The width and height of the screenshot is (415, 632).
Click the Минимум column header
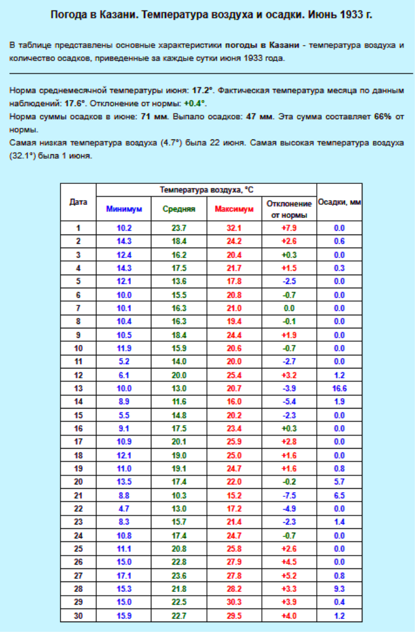tap(124, 209)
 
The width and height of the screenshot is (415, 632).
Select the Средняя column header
tap(179, 209)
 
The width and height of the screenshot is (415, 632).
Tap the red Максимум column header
tap(234, 209)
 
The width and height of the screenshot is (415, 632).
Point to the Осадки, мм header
tap(339, 202)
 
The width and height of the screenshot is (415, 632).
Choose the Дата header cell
tap(78, 202)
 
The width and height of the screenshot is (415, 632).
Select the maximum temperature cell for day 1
tap(234, 228)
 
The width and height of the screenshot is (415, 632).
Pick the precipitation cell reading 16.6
tap(339, 388)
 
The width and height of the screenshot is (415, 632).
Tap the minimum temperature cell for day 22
tap(124, 509)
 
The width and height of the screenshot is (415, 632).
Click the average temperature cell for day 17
tap(179, 442)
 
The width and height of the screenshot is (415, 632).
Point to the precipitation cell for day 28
tap(339, 589)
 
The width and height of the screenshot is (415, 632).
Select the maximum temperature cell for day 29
tap(234, 602)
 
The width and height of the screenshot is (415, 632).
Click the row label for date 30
tap(78, 615)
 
